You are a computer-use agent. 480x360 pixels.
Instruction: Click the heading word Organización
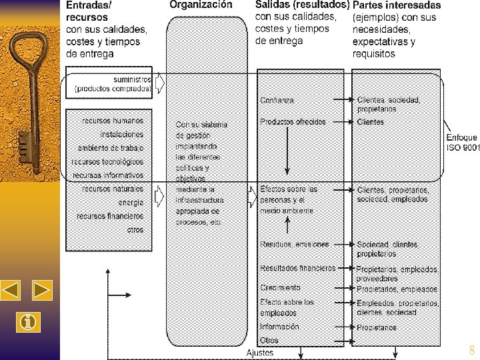pos(201,5)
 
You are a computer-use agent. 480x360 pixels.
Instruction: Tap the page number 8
pos(472,350)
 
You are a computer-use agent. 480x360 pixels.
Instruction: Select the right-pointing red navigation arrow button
pos(42,290)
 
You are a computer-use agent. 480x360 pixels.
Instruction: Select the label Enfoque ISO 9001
pos(462,142)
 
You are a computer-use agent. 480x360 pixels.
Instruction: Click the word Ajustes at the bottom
pos(260,353)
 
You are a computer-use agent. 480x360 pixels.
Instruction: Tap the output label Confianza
pos(277,100)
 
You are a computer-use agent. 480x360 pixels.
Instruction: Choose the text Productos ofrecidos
pos(293,122)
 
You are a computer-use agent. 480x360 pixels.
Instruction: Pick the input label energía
pos(131,202)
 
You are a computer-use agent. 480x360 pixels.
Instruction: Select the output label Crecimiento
pos(280,288)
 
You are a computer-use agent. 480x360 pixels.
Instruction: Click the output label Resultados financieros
pos(297,268)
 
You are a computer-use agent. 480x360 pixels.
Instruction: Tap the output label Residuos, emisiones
pos(292,244)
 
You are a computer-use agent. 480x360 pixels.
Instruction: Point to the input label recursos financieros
pos(110,216)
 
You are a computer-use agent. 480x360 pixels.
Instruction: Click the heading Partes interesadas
pos(396,5)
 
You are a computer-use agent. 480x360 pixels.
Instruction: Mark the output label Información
pos(279,327)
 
